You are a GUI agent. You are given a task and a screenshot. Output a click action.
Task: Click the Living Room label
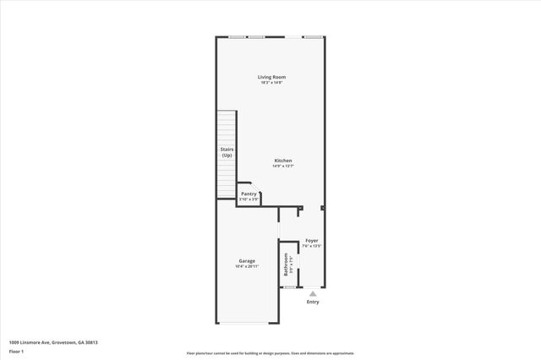(271, 77)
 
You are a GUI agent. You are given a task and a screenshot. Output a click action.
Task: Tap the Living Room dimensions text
(271, 83)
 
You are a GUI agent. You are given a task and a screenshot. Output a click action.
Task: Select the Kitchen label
(282, 161)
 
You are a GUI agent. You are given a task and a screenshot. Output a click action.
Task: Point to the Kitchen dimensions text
(282, 166)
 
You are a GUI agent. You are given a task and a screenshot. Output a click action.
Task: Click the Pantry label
(249, 194)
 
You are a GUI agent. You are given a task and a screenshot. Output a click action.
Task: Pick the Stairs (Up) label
(227, 153)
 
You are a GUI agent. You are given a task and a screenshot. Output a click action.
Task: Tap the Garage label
(247, 261)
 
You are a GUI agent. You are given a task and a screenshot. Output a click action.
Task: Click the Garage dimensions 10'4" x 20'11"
(247, 267)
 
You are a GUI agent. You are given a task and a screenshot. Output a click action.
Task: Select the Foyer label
(312, 240)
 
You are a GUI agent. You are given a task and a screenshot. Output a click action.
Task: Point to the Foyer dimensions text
(312, 246)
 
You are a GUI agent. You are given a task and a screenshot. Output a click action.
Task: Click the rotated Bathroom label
(287, 265)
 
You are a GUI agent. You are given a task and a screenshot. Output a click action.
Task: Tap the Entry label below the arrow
(313, 302)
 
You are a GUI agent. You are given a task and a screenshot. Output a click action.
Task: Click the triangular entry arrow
(313, 293)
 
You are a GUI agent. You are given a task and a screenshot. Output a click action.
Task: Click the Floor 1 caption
(17, 351)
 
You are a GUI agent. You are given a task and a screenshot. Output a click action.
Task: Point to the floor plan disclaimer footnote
(270, 353)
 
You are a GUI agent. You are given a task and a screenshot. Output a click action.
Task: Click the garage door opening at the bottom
(245, 323)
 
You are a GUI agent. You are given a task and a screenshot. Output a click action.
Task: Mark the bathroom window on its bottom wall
(290, 287)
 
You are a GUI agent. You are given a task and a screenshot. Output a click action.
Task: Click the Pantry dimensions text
(249, 199)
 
